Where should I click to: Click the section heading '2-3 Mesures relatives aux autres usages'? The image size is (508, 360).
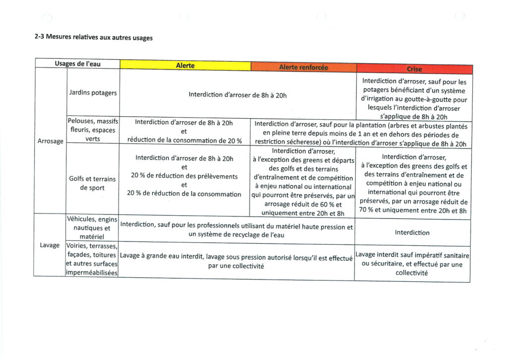click(x=93, y=37)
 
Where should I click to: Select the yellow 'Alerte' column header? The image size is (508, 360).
click(x=185, y=66)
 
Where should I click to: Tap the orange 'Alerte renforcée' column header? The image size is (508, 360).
click(x=303, y=67)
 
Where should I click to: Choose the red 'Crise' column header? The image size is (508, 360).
click(x=414, y=69)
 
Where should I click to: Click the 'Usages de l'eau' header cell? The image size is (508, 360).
click(x=77, y=64)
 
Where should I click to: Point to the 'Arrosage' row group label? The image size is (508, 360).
click(x=50, y=141)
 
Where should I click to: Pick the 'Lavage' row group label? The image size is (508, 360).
click(x=50, y=245)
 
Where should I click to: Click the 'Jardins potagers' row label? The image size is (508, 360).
click(x=93, y=93)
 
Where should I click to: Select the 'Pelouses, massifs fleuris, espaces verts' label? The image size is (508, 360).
click(x=93, y=130)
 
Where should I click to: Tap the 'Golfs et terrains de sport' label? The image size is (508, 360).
click(x=93, y=183)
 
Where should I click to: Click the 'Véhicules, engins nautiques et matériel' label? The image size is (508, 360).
click(x=93, y=228)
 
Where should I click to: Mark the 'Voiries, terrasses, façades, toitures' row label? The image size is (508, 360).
click(x=93, y=259)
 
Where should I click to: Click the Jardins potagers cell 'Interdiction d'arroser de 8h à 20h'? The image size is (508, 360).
click(x=238, y=95)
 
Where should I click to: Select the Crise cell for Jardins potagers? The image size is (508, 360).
click(x=414, y=98)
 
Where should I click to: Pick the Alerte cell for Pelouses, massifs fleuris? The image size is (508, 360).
click(x=184, y=132)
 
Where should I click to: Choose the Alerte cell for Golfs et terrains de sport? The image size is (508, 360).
click(x=184, y=176)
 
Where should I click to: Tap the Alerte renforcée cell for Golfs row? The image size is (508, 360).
click(x=303, y=182)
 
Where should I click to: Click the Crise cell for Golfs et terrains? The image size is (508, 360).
click(x=413, y=184)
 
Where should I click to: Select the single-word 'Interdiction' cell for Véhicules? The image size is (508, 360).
click(x=412, y=232)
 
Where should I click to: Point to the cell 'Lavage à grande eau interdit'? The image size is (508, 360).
click(x=236, y=262)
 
